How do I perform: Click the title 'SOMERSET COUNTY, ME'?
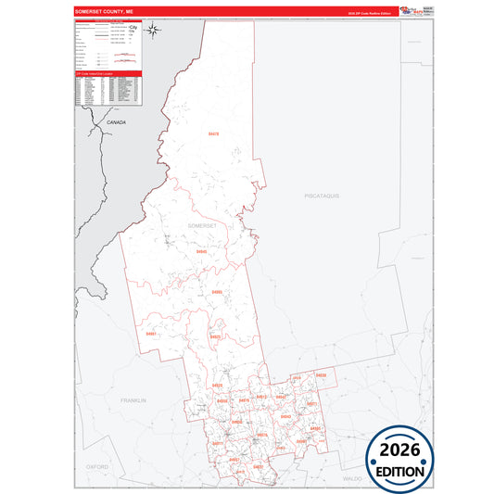(x=103, y=12)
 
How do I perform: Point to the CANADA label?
(x=116, y=122)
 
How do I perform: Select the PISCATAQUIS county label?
(x=324, y=196)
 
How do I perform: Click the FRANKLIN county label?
(x=134, y=399)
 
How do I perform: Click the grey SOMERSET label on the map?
(x=201, y=226)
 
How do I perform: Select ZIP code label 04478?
(x=214, y=134)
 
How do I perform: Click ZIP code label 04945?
(x=202, y=251)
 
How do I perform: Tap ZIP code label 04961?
(x=151, y=334)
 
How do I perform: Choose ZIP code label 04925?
(x=215, y=337)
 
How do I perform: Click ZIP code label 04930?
(x=322, y=374)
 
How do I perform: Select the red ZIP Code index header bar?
(x=108, y=72)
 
